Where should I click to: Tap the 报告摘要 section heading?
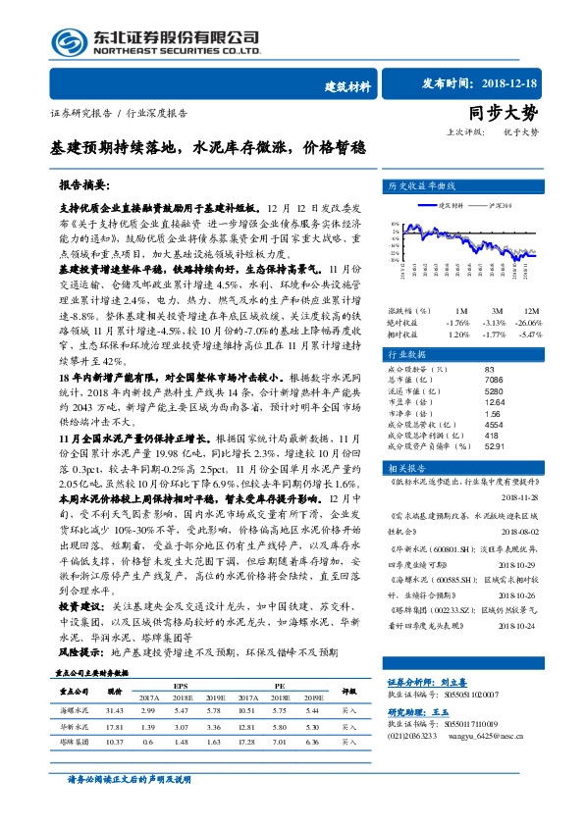tap(84, 184)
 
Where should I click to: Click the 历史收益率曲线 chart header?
tap(422, 185)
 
